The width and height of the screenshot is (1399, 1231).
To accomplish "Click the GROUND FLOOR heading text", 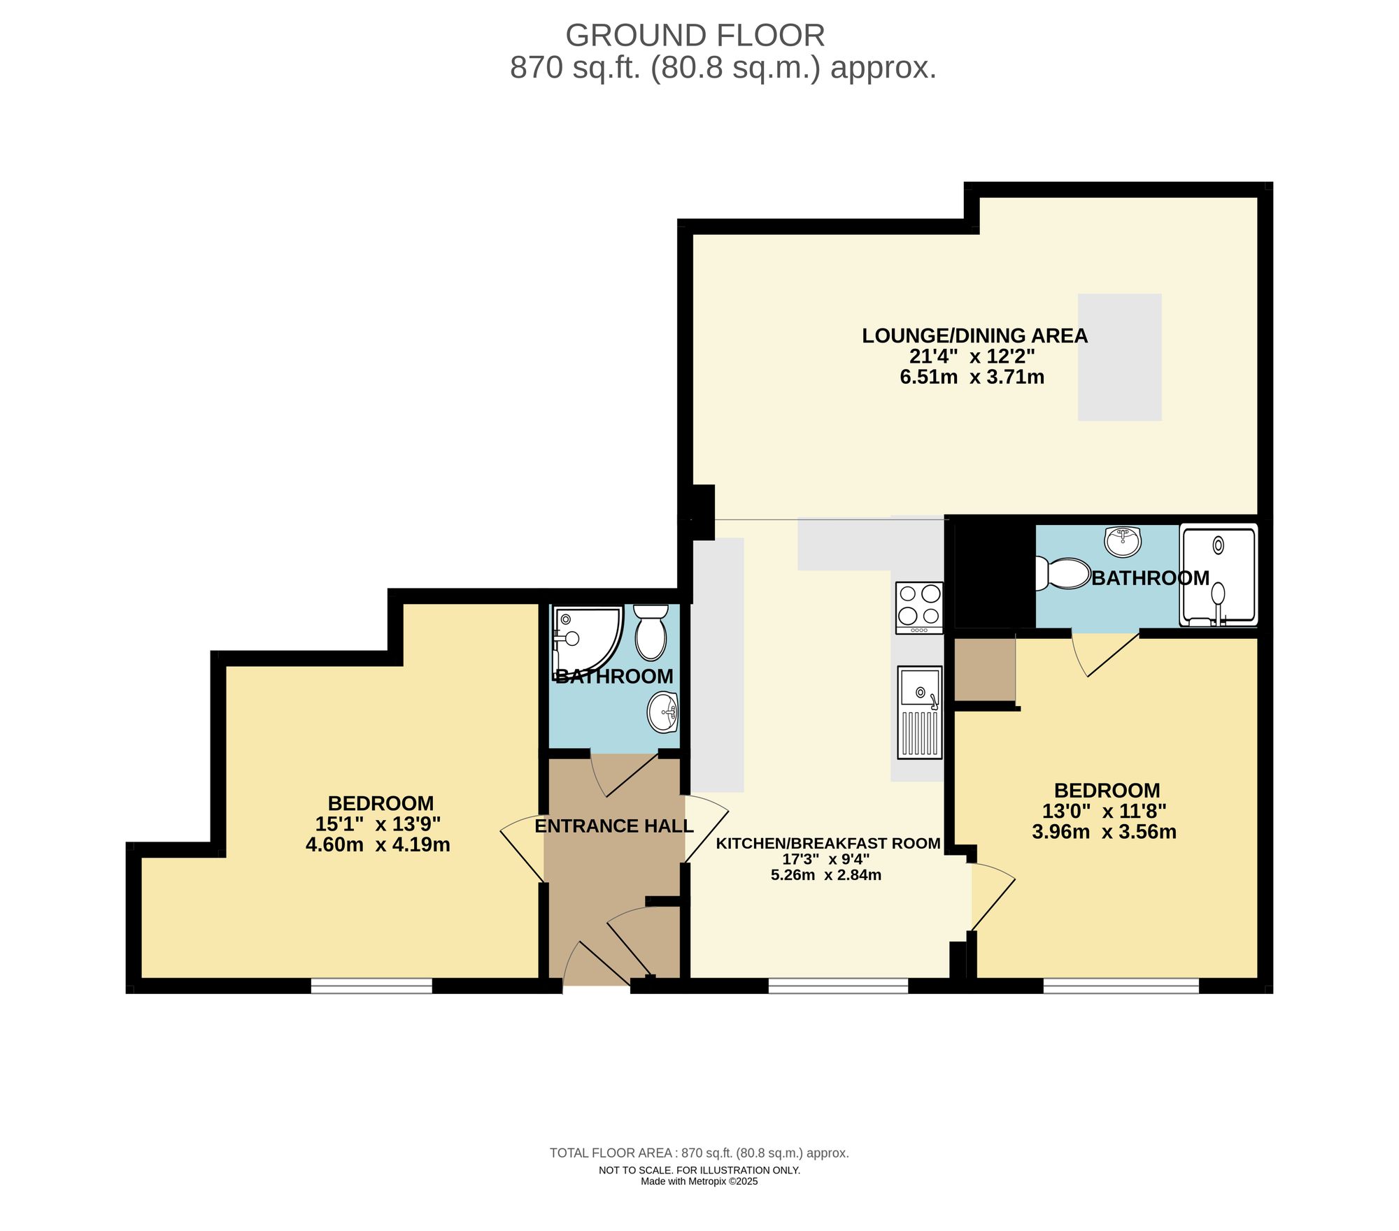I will point(695,36).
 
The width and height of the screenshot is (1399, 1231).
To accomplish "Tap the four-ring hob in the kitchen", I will point(919,605).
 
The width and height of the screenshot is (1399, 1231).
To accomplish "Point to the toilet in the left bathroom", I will point(651,633).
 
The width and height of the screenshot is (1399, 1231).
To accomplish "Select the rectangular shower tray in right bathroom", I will point(1218,575).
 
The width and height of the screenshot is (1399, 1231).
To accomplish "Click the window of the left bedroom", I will point(371,986).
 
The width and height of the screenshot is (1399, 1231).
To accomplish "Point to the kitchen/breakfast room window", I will point(837,986).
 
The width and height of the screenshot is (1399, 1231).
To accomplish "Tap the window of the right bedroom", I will point(1121,986).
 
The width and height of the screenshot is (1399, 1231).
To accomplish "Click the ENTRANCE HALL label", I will point(613,826).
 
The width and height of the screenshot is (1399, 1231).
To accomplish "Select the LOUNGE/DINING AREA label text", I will point(974,336).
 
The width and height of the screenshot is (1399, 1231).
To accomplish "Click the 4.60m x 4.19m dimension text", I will point(378,845).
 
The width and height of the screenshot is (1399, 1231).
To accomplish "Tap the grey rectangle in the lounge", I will point(1119,357).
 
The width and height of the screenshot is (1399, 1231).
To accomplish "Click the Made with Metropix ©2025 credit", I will point(699,1181).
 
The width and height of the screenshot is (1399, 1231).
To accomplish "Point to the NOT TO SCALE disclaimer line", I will point(699,1170).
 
